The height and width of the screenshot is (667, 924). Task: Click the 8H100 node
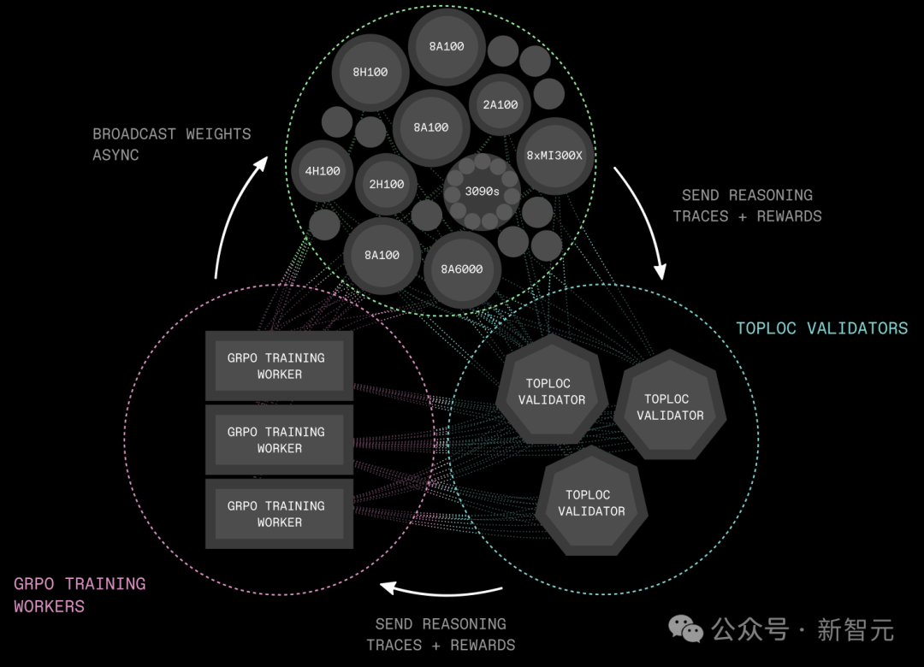tap(370, 73)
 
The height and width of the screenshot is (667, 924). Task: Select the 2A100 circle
tap(500, 105)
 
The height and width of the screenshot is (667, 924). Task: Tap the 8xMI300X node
tap(554, 156)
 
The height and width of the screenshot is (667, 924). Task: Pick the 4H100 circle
tap(323, 171)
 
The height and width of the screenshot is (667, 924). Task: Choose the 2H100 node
tap(387, 185)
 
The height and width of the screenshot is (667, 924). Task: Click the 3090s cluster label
tap(482, 192)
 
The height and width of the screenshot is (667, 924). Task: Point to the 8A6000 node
tap(462, 269)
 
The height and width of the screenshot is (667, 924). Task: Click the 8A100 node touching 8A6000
tap(382, 255)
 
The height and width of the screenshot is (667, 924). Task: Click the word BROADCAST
tap(134, 134)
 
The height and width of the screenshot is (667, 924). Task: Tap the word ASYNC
tap(116, 155)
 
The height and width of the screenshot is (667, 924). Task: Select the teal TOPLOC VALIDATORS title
tap(822, 328)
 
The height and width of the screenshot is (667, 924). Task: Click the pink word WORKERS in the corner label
tap(50, 606)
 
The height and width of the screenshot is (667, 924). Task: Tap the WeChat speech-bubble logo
tap(685, 629)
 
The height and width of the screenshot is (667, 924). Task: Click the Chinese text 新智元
tap(856, 630)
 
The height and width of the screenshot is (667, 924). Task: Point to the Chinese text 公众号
tap(750, 630)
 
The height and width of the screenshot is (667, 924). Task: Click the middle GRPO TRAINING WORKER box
tap(279, 440)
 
